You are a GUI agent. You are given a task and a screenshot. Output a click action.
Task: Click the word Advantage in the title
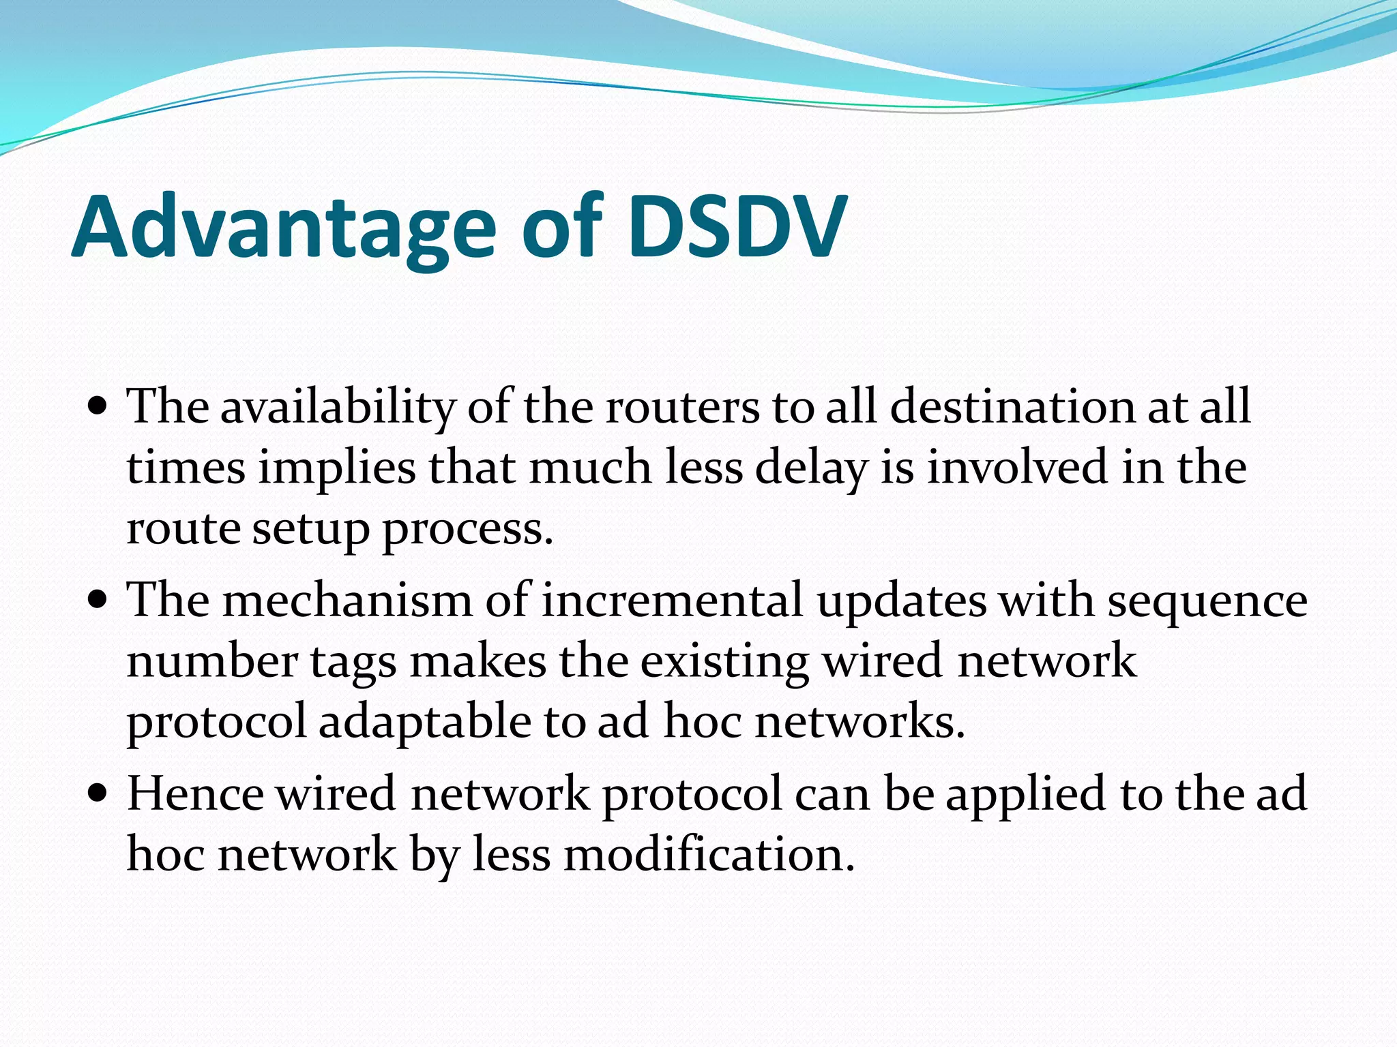[283, 228]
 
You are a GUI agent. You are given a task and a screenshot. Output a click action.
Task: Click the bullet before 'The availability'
[98, 408]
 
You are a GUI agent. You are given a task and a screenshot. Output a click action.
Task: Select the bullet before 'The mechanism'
[98, 601]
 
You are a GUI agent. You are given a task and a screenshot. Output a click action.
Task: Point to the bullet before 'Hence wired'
[98, 794]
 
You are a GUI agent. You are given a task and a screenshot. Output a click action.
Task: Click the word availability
[337, 408]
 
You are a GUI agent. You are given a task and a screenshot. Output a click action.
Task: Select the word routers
[682, 408]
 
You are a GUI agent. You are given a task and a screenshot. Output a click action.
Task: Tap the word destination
[1012, 408]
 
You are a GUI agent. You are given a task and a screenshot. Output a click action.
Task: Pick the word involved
[1017, 468]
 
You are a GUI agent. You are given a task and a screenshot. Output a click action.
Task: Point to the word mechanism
[347, 601]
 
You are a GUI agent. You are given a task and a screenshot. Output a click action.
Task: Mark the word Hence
[195, 794]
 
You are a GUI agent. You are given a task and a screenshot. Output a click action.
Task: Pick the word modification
[709, 855]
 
